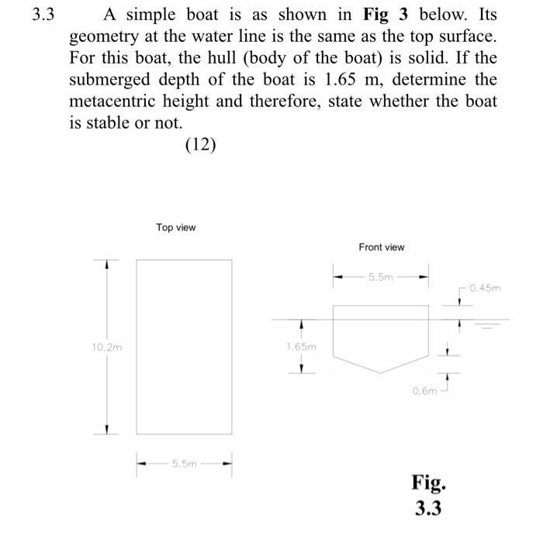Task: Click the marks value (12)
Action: point(200,145)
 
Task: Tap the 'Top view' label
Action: point(176,227)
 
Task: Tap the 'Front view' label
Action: point(381,247)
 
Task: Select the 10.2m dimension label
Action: point(108,347)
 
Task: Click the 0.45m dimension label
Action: point(486,288)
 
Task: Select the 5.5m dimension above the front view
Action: point(381,275)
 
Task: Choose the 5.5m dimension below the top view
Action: point(184,464)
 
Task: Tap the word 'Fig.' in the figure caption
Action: point(428,483)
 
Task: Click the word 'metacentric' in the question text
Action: point(111,102)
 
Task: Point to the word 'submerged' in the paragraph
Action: point(106,80)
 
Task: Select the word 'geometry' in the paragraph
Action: point(100,36)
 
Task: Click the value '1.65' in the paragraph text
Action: point(344,80)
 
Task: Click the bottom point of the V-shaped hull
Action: point(381,374)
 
